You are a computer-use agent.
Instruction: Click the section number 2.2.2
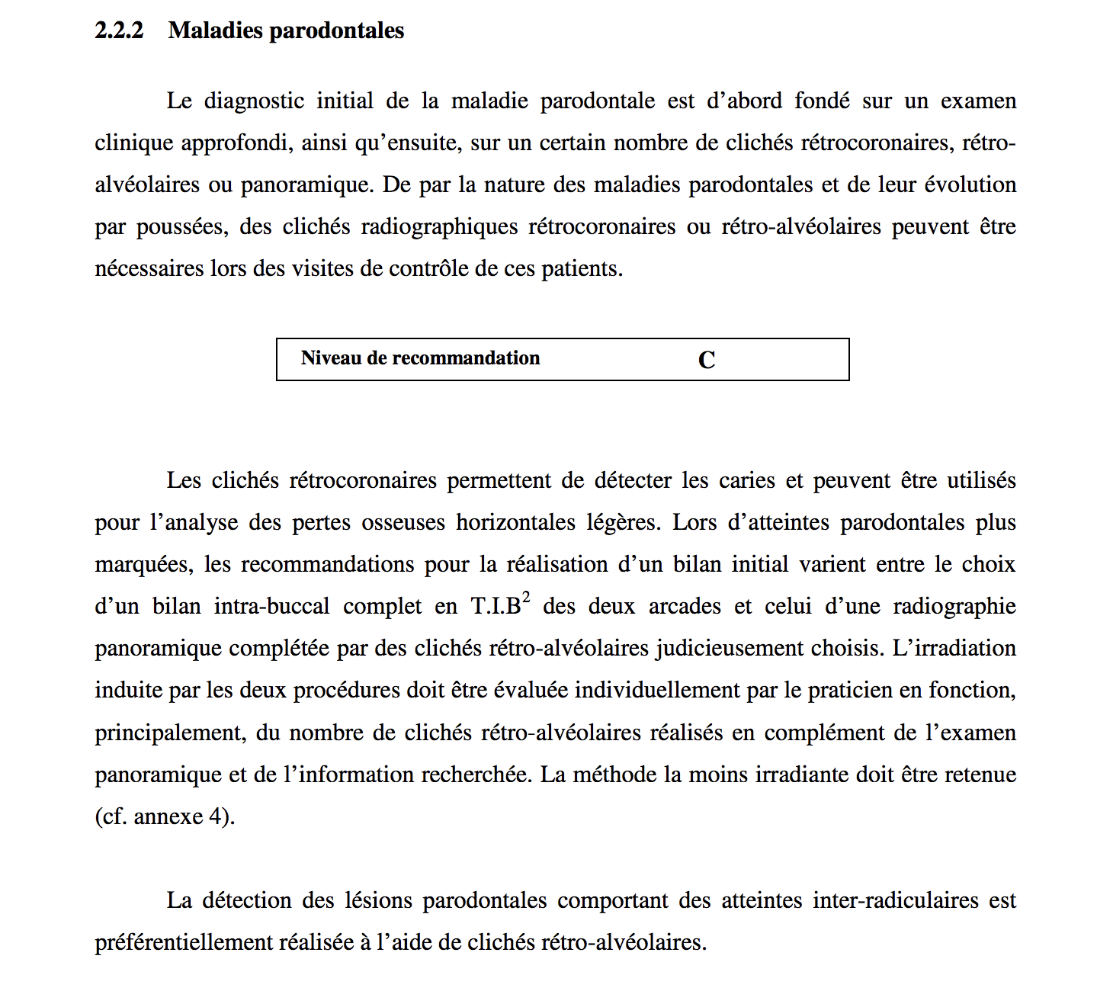[x=119, y=30]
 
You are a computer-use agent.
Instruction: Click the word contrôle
[x=428, y=269]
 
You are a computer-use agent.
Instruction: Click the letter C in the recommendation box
[x=707, y=360]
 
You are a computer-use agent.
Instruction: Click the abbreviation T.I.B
[x=496, y=607]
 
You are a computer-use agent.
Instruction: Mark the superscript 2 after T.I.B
[x=526, y=597]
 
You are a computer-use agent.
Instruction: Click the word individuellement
[x=657, y=691]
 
